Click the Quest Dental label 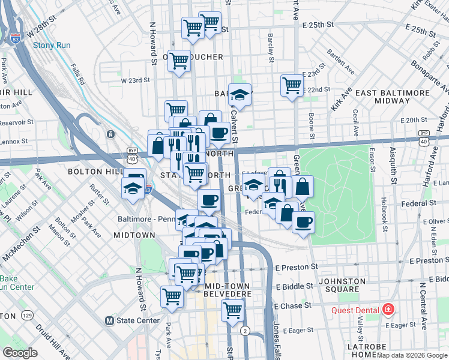[356, 310]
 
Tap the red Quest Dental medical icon [388, 310]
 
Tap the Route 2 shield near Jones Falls [245, 331]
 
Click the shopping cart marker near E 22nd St [292, 85]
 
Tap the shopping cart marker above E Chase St [232, 310]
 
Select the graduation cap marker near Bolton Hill [133, 188]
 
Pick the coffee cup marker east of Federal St [303, 223]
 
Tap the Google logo [20, 353]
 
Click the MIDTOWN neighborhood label [134, 235]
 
